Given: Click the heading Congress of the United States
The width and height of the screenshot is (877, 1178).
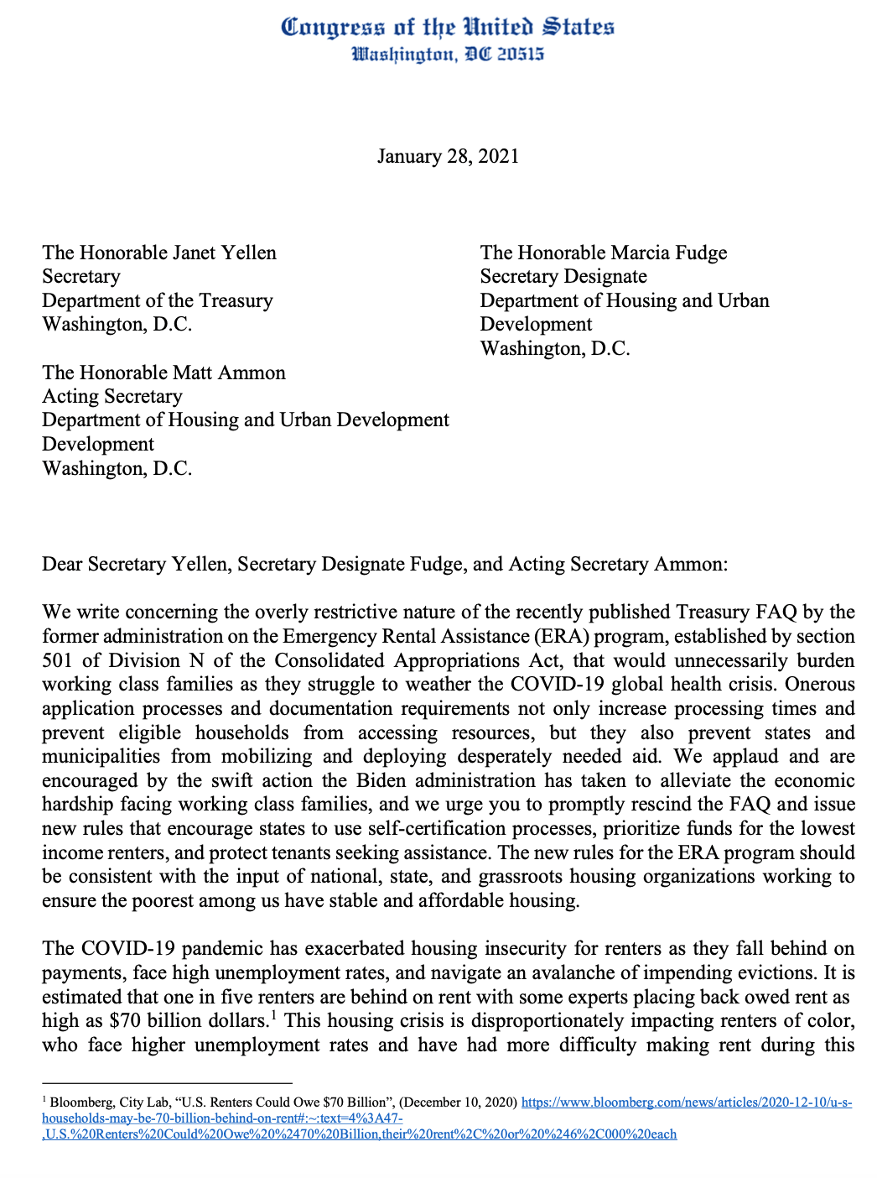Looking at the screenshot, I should (447, 27).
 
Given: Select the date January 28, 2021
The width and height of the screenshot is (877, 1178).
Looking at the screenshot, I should (448, 156).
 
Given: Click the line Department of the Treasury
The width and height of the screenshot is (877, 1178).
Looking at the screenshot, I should (158, 300).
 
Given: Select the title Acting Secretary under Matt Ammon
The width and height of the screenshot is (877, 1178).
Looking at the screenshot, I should (112, 396).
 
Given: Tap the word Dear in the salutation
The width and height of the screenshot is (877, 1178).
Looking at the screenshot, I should (62, 564).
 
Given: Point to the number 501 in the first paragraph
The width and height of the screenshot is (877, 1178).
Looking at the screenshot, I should (58, 660).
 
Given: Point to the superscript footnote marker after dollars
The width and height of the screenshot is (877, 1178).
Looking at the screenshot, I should (273, 1016).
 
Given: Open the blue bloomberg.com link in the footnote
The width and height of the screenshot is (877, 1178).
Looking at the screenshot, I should (687, 1102).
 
